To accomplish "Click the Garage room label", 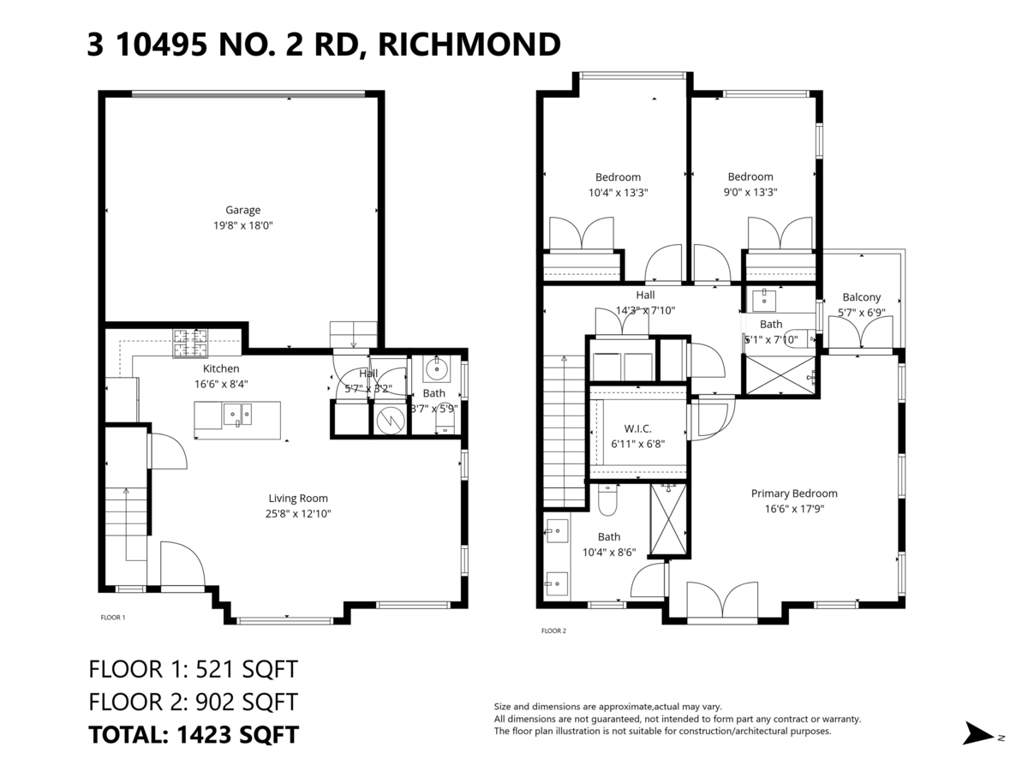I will [x=242, y=210].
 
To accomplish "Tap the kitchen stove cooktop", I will [x=190, y=344].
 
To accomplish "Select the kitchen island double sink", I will [x=236, y=415].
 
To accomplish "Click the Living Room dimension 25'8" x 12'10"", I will [x=298, y=514].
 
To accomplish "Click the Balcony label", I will [x=861, y=297].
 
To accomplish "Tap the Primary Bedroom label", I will [x=794, y=493].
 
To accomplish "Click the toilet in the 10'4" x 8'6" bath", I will [x=608, y=502].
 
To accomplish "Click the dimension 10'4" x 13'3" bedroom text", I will [x=618, y=193].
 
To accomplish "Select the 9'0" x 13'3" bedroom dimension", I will [x=750, y=193].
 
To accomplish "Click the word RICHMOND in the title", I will [x=469, y=44].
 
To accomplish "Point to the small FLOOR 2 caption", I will [x=553, y=631].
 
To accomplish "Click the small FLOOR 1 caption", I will [x=113, y=617].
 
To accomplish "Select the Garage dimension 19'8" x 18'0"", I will [x=242, y=226].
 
